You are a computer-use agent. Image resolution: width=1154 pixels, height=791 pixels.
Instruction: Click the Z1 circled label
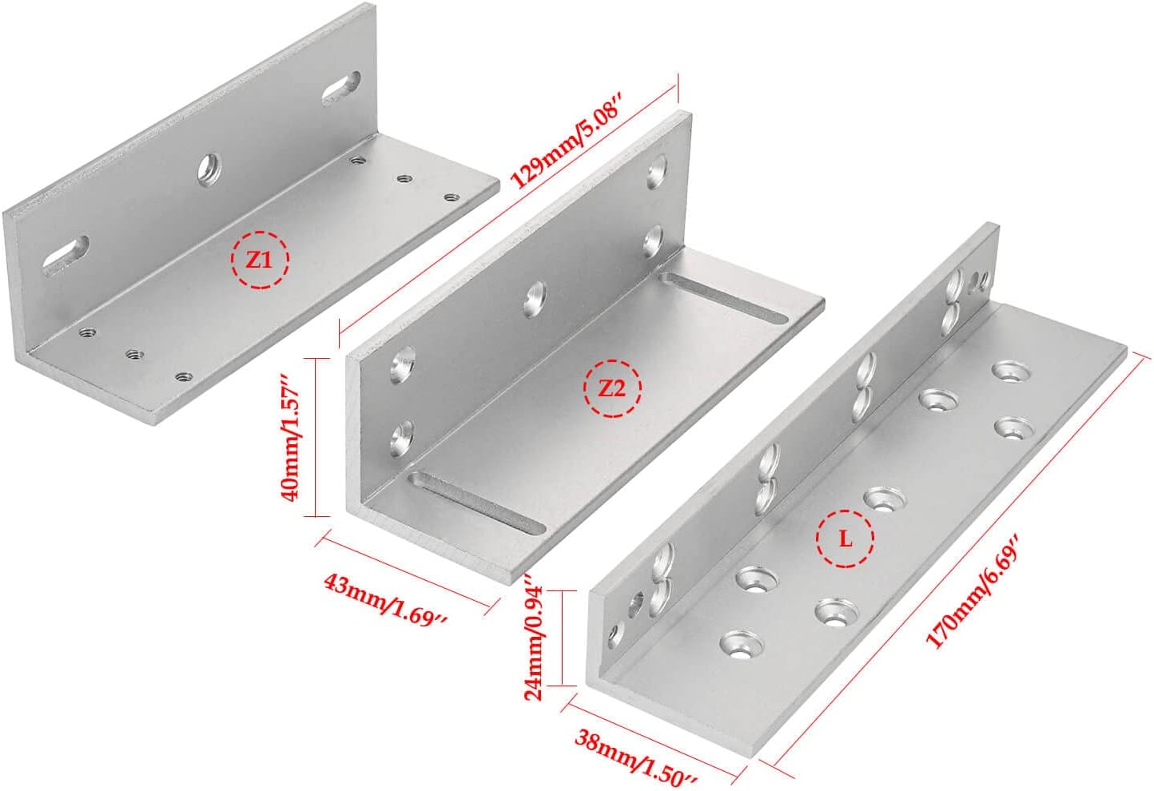pyautogui.click(x=260, y=259)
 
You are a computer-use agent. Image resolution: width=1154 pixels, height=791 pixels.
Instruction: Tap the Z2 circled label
pyautogui.click(x=612, y=388)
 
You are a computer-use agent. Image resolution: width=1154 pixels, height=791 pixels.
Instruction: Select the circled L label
pyautogui.click(x=845, y=539)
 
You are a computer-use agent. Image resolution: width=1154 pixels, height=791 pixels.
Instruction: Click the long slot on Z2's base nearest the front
pyautogui.click(x=476, y=502)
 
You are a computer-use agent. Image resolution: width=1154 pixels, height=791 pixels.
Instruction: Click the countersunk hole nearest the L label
pyautogui.click(x=885, y=499)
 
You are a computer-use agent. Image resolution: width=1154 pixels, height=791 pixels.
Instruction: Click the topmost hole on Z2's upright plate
pyautogui.click(x=658, y=171)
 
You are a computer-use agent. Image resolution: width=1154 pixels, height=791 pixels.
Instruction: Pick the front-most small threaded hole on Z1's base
pyautogui.click(x=183, y=376)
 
